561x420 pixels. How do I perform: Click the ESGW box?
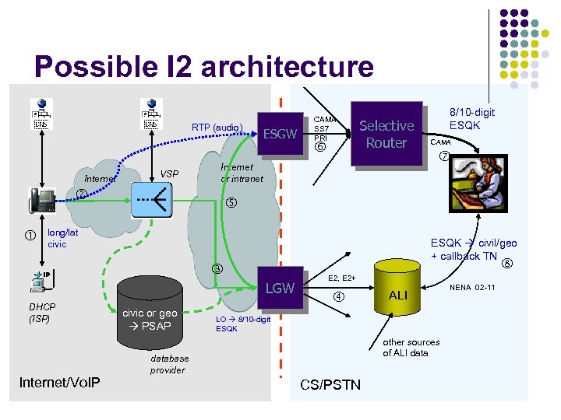[x=280, y=134]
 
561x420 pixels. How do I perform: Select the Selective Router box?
[x=386, y=134]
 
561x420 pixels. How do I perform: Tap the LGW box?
[x=280, y=289]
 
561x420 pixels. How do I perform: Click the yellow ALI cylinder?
[x=397, y=294]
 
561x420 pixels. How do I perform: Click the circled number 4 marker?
[x=339, y=296]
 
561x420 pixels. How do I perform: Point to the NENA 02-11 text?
[x=473, y=288]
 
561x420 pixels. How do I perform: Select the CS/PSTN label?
[x=330, y=384]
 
